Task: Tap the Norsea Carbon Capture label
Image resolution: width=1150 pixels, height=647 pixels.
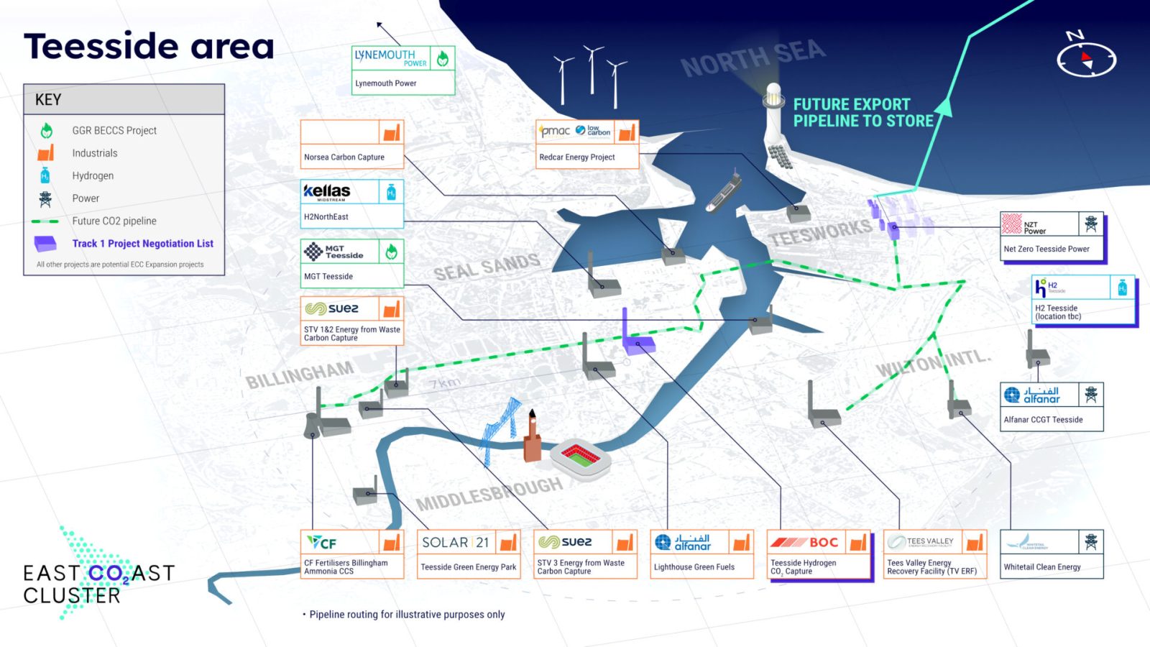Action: pos(344,157)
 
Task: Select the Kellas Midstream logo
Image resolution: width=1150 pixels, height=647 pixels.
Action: pos(327,192)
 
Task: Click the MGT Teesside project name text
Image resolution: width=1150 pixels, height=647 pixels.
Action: pos(328,277)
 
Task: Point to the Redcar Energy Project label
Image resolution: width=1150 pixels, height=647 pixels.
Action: pos(577,157)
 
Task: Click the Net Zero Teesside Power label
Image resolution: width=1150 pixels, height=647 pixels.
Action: pos(1046,249)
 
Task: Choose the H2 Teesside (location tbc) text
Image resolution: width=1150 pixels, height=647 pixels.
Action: pos(1058,312)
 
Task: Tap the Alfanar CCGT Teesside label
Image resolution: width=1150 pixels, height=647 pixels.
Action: pos(1043,420)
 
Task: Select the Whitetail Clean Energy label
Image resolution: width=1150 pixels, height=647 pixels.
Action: pos(1042,567)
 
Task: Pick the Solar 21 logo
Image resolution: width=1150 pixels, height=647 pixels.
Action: pos(456,543)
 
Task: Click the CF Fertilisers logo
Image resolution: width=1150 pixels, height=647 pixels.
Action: pos(322,543)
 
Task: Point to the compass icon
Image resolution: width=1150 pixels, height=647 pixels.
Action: pos(1086,58)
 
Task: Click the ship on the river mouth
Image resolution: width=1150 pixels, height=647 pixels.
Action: pos(723,191)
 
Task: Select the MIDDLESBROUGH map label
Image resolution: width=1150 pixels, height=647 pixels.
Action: pos(489,494)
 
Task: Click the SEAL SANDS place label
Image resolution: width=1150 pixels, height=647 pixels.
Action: pos(487,267)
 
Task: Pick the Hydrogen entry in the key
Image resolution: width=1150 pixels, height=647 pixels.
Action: pos(93,176)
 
